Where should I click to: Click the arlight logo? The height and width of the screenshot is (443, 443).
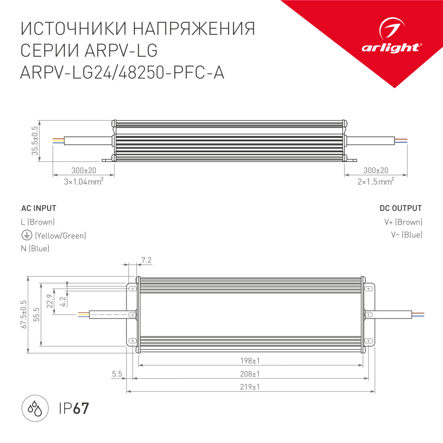(392, 36)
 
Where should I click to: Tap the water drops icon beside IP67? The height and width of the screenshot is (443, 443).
(35, 408)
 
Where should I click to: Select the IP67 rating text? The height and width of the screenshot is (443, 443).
(74, 409)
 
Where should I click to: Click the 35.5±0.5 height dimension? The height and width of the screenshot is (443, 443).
(34, 141)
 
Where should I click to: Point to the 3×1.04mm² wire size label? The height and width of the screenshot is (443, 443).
(84, 182)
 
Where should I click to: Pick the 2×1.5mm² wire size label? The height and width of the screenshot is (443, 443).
(376, 182)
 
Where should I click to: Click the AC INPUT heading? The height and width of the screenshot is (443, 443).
(39, 208)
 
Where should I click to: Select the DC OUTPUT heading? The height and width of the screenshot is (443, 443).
(401, 208)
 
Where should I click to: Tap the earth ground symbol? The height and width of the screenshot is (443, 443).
(27, 235)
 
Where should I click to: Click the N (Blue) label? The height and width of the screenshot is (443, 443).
(35, 248)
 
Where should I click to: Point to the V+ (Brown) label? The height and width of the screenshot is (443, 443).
(403, 222)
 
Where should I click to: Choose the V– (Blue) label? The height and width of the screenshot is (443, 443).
(407, 235)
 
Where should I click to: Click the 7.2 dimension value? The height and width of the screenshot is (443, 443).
(146, 260)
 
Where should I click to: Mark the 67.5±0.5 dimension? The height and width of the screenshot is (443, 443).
(24, 315)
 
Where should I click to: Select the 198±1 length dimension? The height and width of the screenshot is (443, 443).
(250, 361)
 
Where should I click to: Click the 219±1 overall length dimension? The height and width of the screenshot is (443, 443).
(250, 387)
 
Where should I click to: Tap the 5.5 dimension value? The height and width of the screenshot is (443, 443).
(117, 374)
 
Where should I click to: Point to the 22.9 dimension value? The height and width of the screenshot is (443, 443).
(50, 301)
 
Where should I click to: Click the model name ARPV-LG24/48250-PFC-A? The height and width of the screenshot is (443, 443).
(122, 73)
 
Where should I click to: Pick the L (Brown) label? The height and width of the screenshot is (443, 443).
(38, 222)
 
